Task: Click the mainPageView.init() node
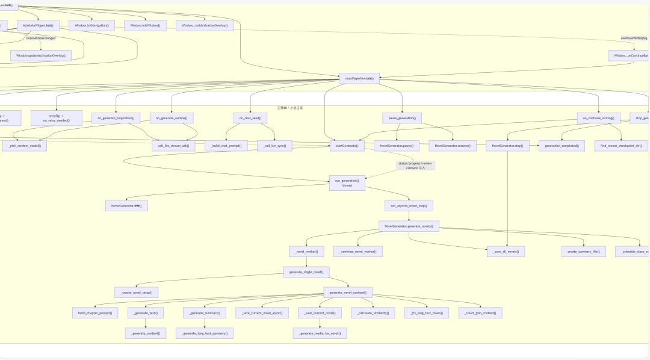(359, 78)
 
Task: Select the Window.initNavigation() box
(91, 25)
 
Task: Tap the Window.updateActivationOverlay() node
(41, 55)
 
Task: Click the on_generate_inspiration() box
(116, 118)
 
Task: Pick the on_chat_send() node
(250, 118)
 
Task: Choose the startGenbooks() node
(347, 146)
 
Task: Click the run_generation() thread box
(347, 183)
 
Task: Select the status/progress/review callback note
(415, 166)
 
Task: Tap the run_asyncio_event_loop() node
(409, 206)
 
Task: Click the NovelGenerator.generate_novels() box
(409, 226)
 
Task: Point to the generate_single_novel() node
(306, 272)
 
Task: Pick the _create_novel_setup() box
(137, 293)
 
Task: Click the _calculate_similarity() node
(373, 313)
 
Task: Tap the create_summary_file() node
(583, 252)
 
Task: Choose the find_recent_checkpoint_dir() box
(622, 146)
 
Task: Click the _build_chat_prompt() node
(226, 146)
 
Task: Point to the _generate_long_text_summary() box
(205, 334)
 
